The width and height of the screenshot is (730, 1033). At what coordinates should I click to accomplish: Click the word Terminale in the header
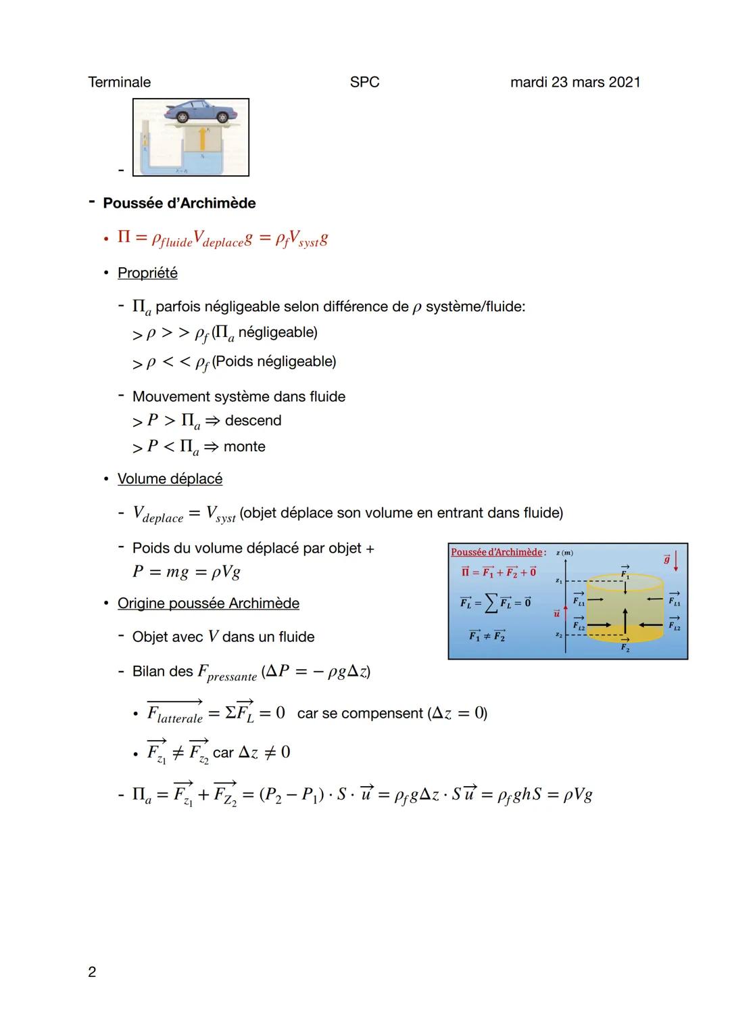[x=119, y=83]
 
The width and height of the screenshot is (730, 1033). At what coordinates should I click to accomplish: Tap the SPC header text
[x=364, y=83]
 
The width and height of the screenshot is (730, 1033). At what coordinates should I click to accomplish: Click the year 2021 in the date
[x=624, y=83]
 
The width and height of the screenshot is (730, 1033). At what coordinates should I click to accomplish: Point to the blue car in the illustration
[x=199, y=111]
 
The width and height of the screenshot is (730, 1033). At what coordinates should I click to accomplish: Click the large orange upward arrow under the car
[x=201, y=139]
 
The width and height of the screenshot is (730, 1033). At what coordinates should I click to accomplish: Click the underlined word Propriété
[x=147, y=273]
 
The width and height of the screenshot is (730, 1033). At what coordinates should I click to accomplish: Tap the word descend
[x=253, y=421]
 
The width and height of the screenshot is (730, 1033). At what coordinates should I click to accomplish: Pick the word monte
[x=244, y=446]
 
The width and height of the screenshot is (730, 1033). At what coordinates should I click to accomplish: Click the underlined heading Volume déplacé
[x=170, y=479]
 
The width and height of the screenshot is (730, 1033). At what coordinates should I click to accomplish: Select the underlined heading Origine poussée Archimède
[x=208, y=603]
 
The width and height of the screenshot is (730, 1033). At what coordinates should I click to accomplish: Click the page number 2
[x=92, y=972]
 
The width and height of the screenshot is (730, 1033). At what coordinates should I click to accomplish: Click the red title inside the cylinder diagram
[x=497, y=553]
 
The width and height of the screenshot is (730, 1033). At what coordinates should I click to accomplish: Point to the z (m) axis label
[x=564, y=553]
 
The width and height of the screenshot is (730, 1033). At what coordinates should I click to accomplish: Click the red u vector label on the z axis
[x=557, y=613]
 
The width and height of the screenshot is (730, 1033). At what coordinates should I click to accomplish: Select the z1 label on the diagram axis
[x=558, y=581]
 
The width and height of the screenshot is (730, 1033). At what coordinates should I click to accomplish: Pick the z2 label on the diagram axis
[x=558, y=635]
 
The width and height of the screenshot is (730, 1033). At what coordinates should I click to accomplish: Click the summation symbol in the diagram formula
[x=490, y=603]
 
